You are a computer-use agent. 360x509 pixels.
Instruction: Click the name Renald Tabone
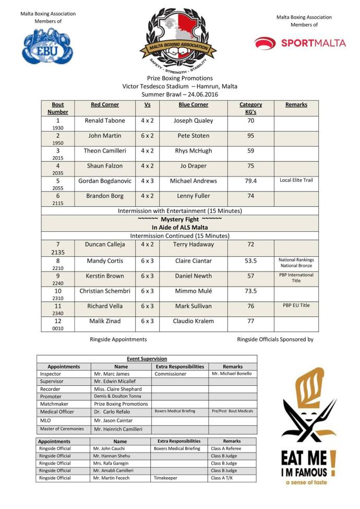pyautogui.click(x=104, y=121)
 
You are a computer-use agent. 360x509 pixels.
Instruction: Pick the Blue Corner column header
pyautogui.click(x=193, y=105)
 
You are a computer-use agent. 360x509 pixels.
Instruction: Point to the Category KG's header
pyautogui.click(x=250, y=108)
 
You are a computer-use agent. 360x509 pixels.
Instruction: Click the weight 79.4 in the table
pyautogui.click(x=250, y=181)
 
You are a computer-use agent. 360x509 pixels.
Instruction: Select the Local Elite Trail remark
pyautogui.click(x=296, y=180)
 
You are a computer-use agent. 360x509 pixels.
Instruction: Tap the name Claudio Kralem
pyautogui.click(x=193, y=321)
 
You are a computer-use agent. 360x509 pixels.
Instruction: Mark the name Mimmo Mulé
pyautogui.click(x=193, y=291)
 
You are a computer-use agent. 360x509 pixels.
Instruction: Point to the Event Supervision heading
pyautogui.click(x=147, y=359)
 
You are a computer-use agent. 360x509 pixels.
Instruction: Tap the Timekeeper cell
pyautogui.click(x=166, y=478)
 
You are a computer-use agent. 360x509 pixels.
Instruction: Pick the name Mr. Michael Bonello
pyautogui.click(x=232, y=374)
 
